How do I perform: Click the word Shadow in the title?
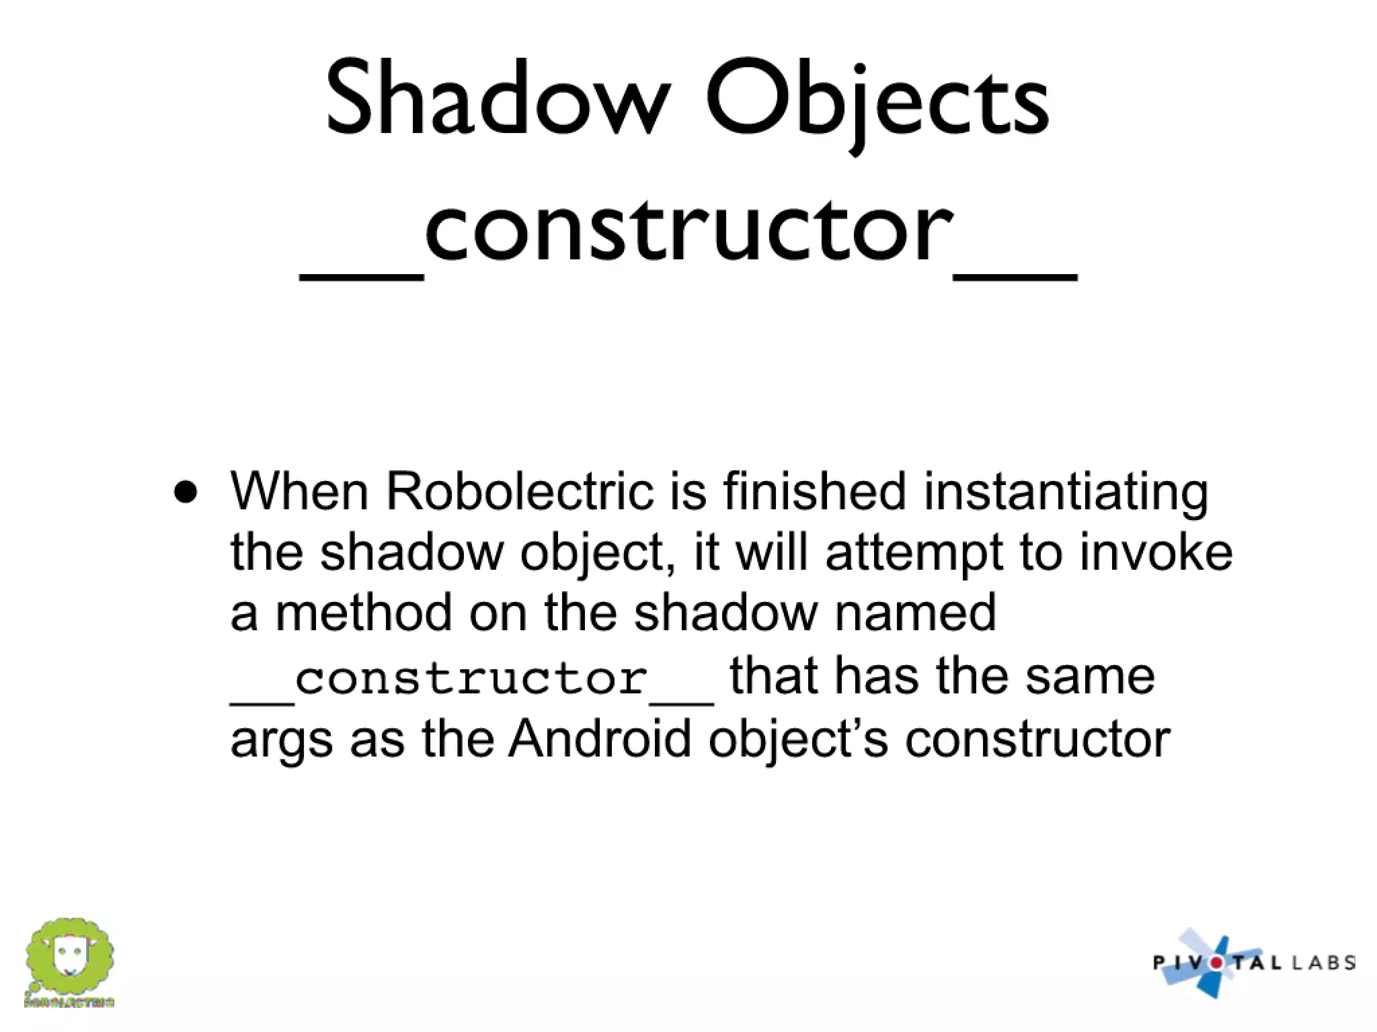[498, 99]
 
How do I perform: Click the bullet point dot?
[186, 492]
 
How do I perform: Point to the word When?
[299, 491]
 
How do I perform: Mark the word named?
[914, 613]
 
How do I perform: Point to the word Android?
[599, 738]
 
